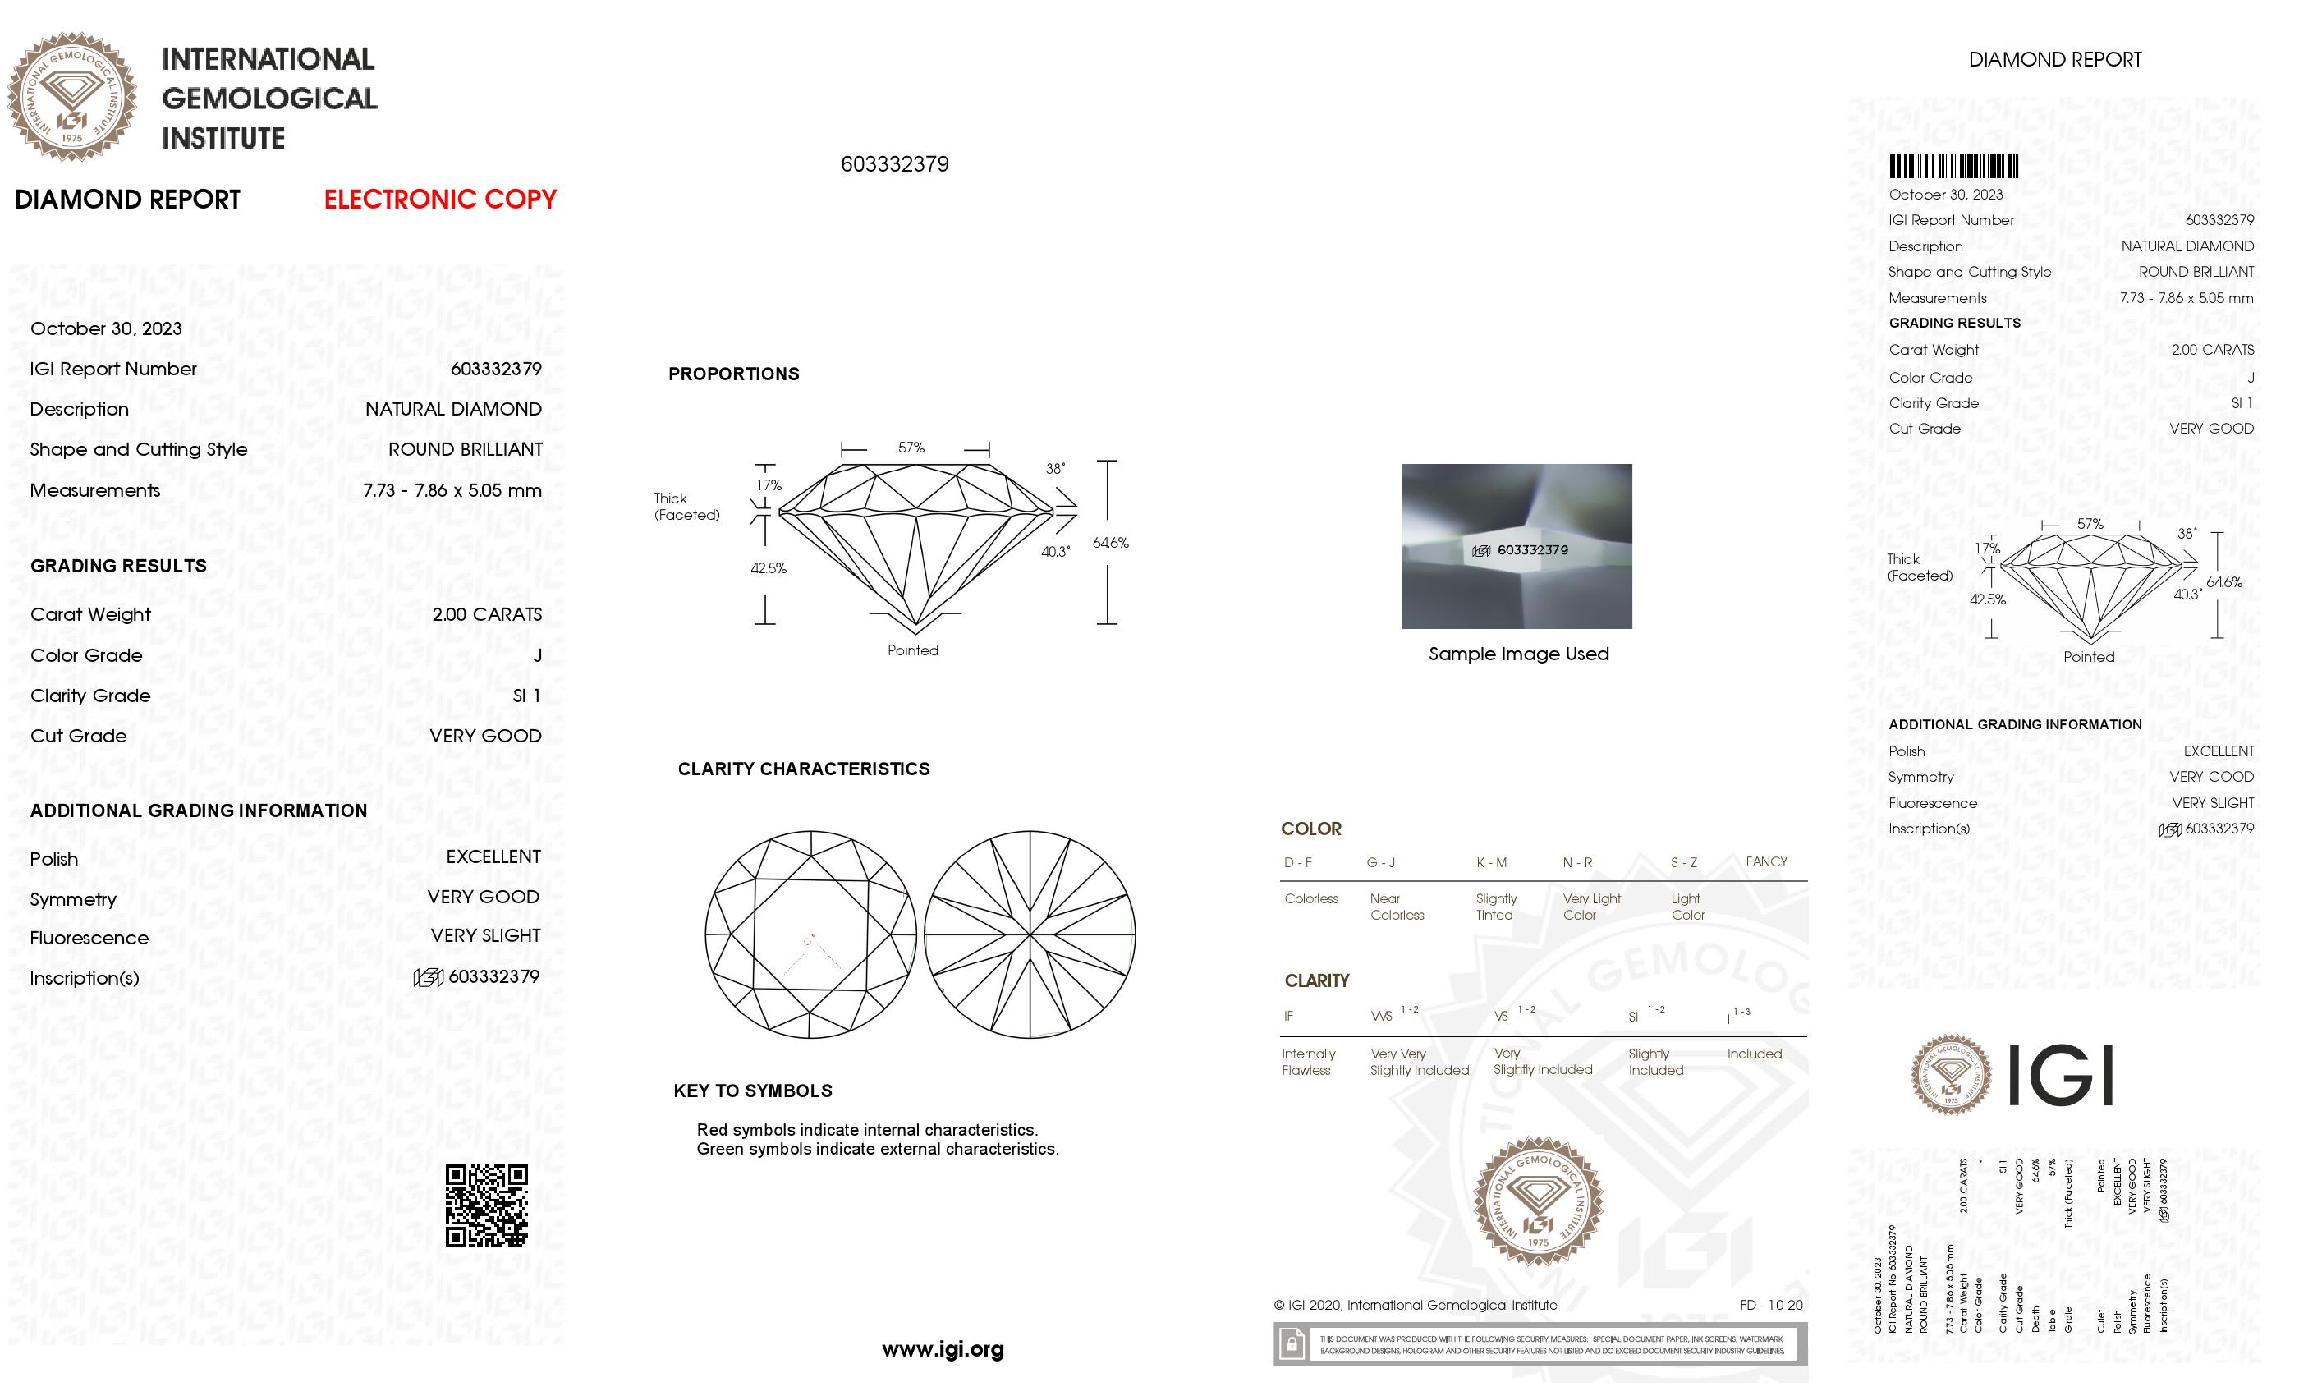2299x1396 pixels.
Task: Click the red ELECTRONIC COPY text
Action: coord(439,199)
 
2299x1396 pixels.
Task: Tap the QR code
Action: coord(486,1205)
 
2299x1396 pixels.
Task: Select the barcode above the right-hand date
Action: coord(1954,167)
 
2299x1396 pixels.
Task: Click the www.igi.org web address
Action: coord(943,1349)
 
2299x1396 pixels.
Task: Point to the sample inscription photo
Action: coord(1517,546)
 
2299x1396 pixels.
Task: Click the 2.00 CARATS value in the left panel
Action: coord(486,614)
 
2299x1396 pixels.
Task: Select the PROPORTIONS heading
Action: coord(733,374)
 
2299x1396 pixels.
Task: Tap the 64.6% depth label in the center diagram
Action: coord(1110,542)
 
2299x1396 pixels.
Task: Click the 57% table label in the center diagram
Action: coord(911,448)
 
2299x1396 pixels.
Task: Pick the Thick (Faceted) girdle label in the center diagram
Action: coord(686,507)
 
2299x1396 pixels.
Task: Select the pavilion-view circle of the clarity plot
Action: coord(1030,934)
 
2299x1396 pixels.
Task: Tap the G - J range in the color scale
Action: coord(1381,862)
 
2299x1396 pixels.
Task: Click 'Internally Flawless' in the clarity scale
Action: coord(1308,1062)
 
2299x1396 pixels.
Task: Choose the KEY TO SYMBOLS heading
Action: coord(753,1091)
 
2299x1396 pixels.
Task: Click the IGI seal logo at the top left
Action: coord(72,96)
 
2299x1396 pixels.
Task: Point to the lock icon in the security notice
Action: coord(1292,1345)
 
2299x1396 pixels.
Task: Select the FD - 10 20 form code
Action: coord(1771,1306)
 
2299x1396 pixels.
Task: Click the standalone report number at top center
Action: coord(895,164)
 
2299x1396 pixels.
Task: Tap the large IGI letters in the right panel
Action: coord(2059,1075)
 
